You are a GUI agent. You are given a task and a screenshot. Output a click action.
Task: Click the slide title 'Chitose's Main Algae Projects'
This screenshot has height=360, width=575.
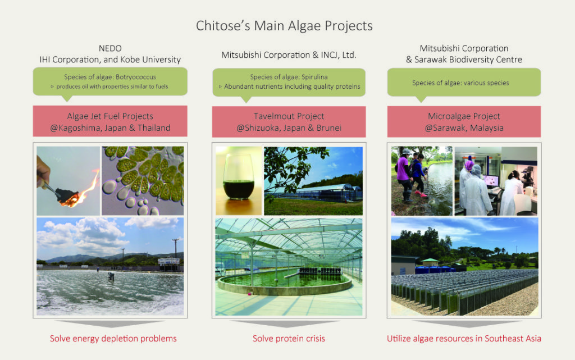[284, 26]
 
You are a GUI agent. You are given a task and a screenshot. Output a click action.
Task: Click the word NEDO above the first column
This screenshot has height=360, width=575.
[110, 48]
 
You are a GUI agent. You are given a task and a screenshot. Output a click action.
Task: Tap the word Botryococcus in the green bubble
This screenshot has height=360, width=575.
[136, 77]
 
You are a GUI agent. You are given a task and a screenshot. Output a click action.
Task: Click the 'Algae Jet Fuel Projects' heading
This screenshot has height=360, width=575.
[110, 116]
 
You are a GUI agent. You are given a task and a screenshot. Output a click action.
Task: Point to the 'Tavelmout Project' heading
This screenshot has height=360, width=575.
[289, 116]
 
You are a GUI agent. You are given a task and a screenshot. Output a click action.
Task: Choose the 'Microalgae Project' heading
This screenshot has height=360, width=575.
[464, 116]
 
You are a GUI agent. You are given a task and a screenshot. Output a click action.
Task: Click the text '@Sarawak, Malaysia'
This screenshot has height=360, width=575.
[464, 128]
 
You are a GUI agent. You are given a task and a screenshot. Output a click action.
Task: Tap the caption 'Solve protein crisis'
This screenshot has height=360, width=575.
[289, 338]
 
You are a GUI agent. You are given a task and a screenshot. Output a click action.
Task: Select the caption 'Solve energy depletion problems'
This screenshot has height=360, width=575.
[113, 338]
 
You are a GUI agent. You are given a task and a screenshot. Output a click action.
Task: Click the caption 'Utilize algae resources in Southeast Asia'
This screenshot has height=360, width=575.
[464, 338]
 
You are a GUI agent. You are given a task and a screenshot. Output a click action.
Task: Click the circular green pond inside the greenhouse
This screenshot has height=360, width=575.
[285, 280]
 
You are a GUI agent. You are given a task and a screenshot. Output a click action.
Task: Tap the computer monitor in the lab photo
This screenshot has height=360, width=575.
[491, 181]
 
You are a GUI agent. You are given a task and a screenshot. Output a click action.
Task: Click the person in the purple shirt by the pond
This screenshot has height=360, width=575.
[404, 175]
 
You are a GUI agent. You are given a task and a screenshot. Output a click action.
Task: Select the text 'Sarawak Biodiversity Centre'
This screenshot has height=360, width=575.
[468, 60]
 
